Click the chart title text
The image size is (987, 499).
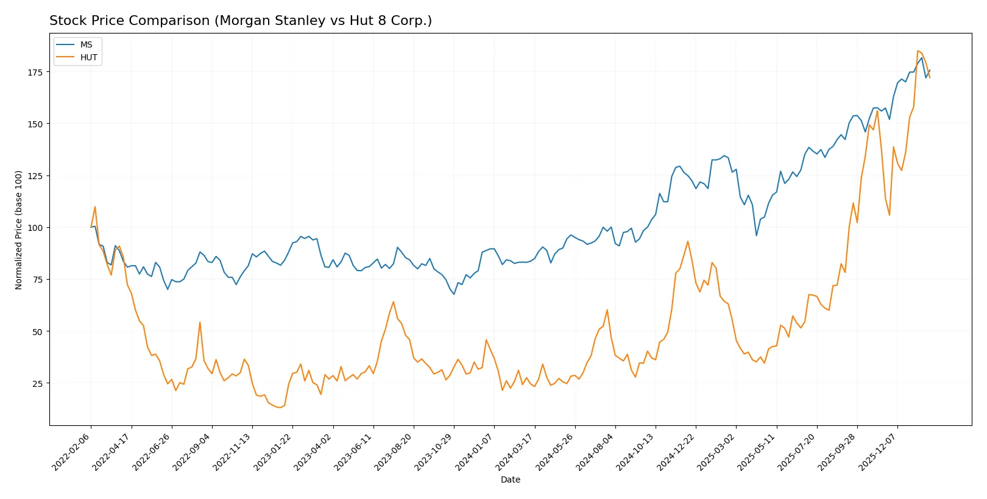pyautogui.click(x=241, y=21)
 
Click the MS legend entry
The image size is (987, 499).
pyautogui.click(x=86, y=44)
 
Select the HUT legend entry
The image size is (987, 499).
pyautogui.click(x=88, y=57)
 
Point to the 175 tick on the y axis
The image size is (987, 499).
pyautogui.click(x=35, y=72)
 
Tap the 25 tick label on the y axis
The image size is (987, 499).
pyautogui.click(x=37, y=383)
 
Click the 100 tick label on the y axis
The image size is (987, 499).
pyautogui.click(x=35, y=228)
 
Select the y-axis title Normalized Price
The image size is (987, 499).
pyautogui.click(x=18, y=230)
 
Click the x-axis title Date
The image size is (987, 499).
pyautogui.click(x=510, y=480)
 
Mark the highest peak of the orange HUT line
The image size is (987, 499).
pyautogui.click(x=918, y=51)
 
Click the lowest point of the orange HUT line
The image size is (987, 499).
pyautogui.click(x=280, y=407)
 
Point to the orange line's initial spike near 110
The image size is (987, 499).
pyautogui.click(x=95, y=207)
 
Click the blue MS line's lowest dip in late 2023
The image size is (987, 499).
pyautogui.click(x=454, y=294)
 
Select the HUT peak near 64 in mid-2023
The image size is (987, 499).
pyautogui.click(x=394, y=302)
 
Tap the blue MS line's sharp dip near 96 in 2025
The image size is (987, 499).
pyautogui.click(x=757, y=235)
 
